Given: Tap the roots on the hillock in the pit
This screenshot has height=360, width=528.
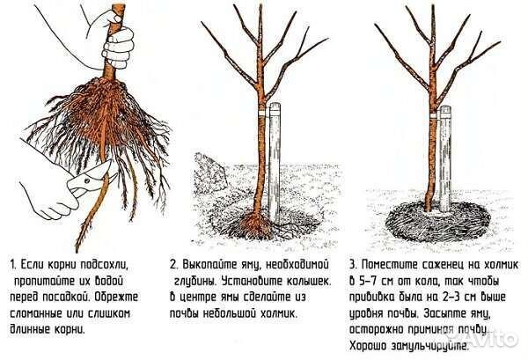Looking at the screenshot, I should [255, 224].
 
